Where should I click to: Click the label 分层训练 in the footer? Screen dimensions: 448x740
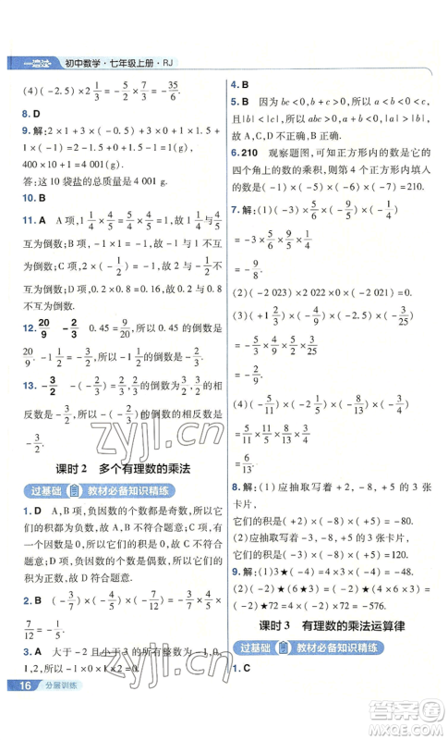[x=61, y=711]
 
